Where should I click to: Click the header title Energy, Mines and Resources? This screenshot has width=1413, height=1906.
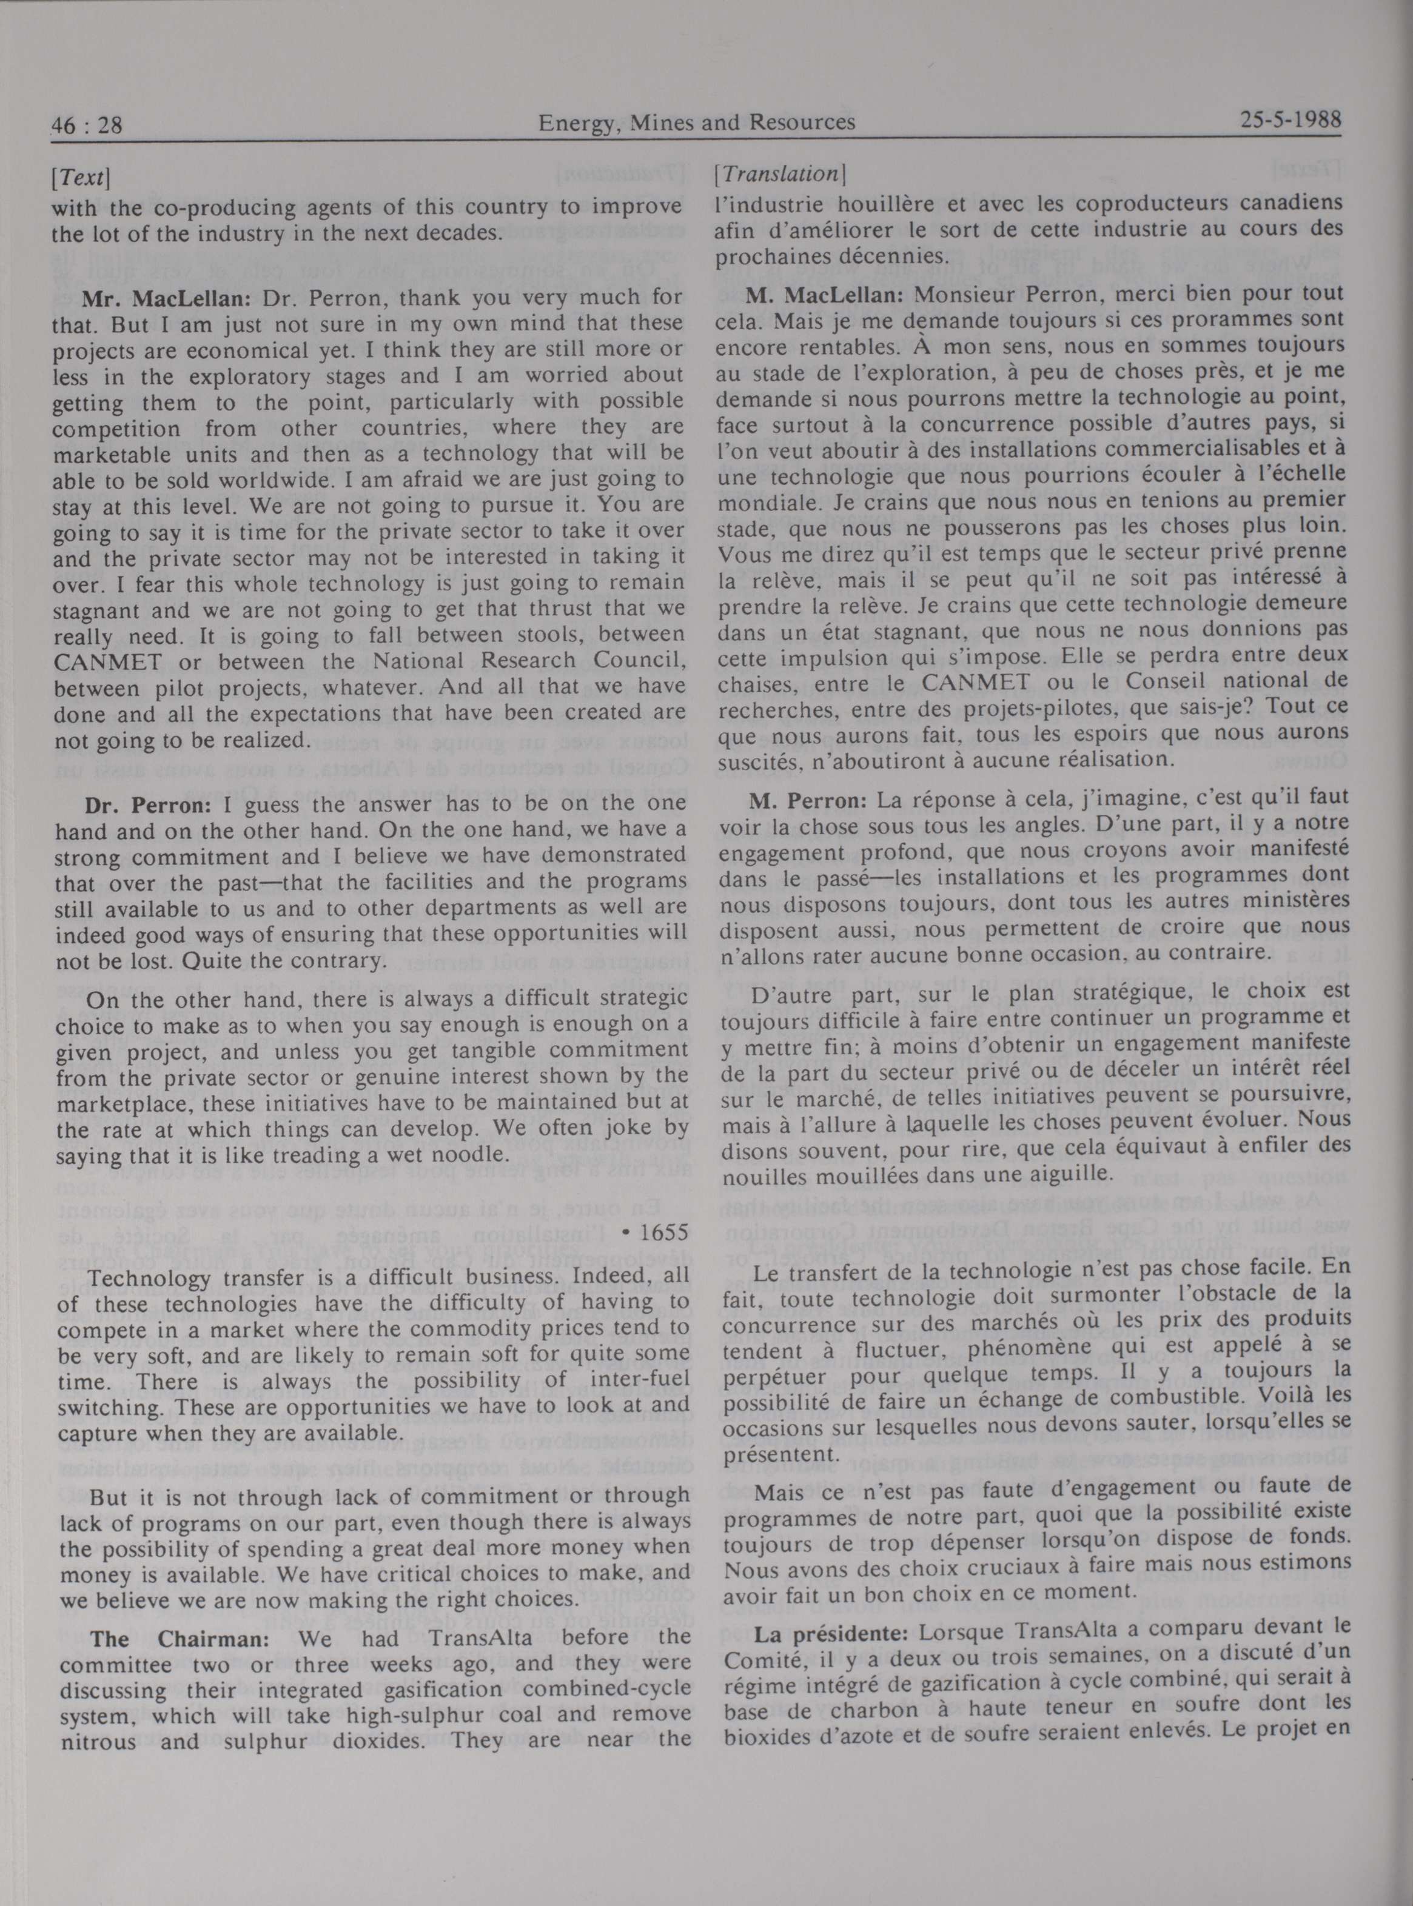tap(696, 123)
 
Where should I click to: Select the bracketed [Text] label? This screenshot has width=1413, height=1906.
tap(81, 178)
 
